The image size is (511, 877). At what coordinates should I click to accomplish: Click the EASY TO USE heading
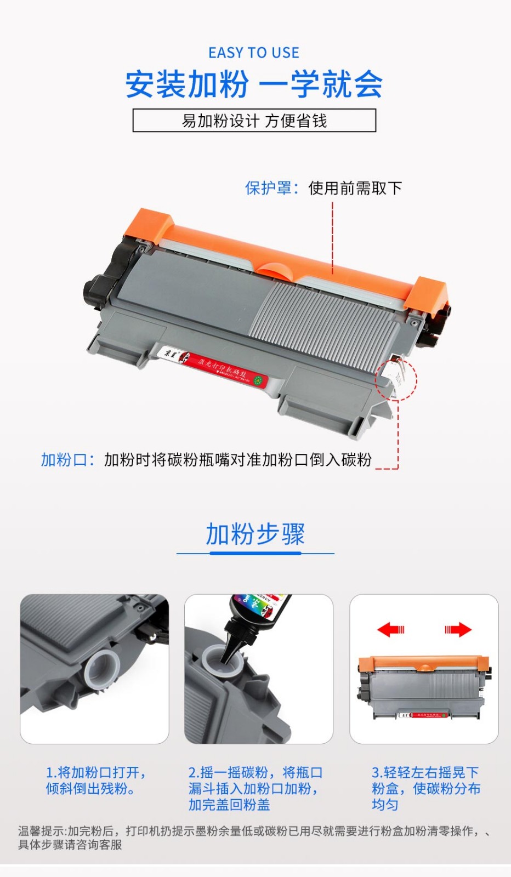pos(254,53)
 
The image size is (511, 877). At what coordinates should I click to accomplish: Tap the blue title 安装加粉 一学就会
pos(254,84)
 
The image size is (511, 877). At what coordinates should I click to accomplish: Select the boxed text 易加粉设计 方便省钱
pos(254,121)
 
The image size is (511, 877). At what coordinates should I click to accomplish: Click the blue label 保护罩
pos(268,188)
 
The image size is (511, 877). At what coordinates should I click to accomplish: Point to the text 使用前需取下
pos(355,188)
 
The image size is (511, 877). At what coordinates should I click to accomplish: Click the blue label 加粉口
pos(64,459)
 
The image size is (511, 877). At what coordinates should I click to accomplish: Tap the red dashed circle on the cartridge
pos(396,379)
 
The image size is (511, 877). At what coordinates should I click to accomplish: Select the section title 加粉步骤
pos(255,534)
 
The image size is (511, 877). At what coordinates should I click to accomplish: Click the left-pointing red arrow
pos(390,629)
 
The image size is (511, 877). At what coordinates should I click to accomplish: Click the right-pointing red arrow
pos(458,629)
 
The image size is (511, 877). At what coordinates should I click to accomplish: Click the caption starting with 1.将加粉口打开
pos(95,781)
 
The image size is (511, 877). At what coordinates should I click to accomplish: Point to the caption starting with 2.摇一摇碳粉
pos(255,788)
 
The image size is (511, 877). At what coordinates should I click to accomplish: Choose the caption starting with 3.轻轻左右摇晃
pos(425,788)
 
